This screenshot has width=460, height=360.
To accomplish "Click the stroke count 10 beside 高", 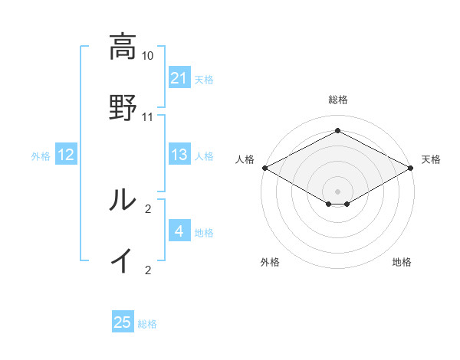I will click(148, 56).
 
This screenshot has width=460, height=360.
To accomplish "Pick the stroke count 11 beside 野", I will click(148, 117).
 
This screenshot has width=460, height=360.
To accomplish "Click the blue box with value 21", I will click(179, 78).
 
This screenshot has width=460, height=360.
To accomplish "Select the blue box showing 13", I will click(179, 155).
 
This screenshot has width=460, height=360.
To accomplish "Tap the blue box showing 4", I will click(179, 231).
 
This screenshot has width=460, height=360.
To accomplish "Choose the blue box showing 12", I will click(65, 155).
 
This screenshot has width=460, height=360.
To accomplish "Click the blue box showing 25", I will click(122, 322).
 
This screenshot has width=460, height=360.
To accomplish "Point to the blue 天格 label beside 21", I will click(204, 79).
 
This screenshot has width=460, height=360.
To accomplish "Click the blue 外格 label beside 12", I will click(41, 155).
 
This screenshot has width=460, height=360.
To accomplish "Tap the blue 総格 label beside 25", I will click(147, 324).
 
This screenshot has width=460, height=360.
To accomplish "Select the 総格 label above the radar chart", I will click(337, 100).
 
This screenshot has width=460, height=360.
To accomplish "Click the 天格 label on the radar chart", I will click(431, 159).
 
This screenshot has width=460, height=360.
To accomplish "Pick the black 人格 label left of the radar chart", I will click(245, 159).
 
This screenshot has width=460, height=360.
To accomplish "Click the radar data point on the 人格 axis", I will click(264, 168).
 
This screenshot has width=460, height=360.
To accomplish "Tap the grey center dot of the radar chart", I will click(337, 191).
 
